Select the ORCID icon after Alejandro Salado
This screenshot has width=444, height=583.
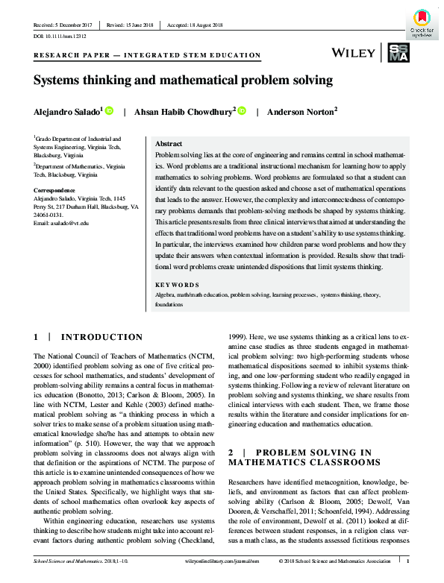click(x=109, y=110)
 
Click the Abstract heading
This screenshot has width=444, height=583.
click(x=168, y=144)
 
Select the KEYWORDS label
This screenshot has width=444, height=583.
click(x=177, y=285)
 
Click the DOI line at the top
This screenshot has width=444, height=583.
click(x=60, y=35)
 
